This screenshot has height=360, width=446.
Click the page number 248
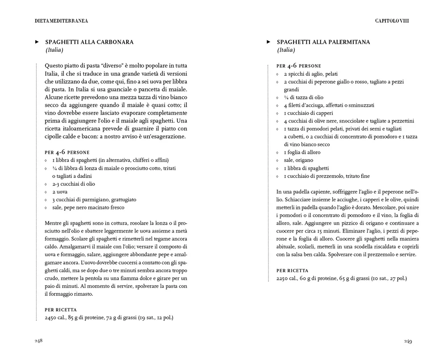(x=38, y=341)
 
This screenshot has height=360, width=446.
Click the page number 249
(x=408, y=341)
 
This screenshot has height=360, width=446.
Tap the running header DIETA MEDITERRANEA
(x=61, y=20)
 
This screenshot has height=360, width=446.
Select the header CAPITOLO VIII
(x=392, y=20)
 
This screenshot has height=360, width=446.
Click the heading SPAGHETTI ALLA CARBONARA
(x=89, y=42)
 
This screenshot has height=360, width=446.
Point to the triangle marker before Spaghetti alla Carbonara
(x=37, y=42)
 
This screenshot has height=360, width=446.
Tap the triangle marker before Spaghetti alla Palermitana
(x=268, y=42)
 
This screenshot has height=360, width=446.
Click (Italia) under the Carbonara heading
(x=54, y=50)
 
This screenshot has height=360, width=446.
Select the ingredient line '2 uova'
(x=60, y=192)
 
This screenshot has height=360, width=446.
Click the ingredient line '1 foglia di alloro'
(x=302, y=152)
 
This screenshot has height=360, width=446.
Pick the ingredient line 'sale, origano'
(x=298, y=160)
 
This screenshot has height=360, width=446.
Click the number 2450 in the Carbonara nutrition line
(x=52, y=318)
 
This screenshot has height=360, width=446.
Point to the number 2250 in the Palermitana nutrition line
(x=283, y=278)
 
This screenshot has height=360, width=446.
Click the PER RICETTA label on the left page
(x=61, y=310)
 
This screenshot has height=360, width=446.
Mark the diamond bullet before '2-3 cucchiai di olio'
(x=46, y=184)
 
